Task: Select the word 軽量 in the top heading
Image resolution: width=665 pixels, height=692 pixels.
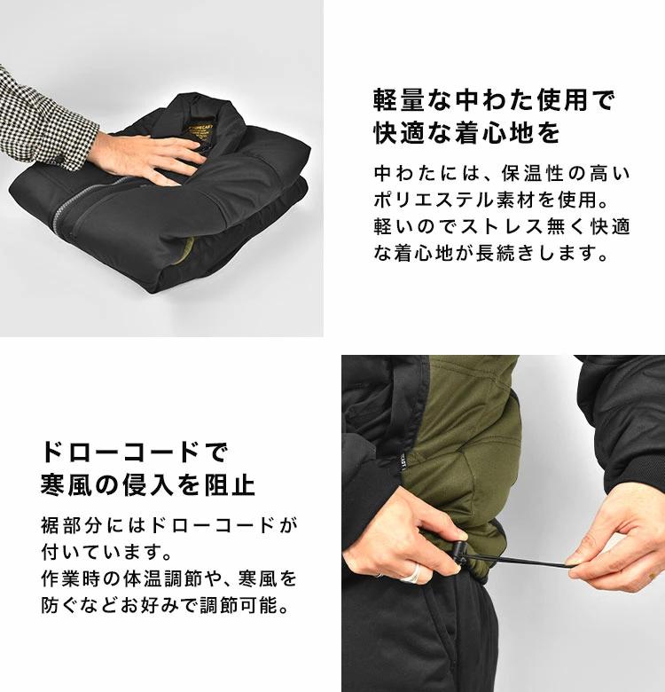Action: [399, 99]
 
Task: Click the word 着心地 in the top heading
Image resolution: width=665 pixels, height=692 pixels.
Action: [496, 132]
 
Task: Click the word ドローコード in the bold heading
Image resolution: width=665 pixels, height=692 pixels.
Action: [121, 452]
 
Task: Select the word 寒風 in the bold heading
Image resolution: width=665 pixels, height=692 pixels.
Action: [66, 485]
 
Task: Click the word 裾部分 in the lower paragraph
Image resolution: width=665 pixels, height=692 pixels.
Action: [72, 525]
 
